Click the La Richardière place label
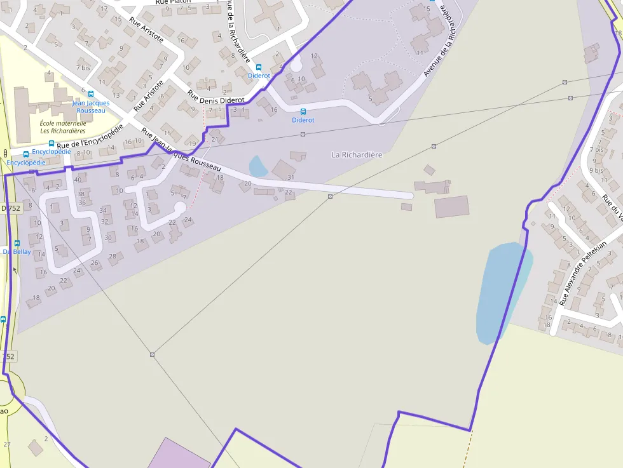pyautogui.click(x=357, y=155)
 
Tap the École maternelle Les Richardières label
pyautogui.click(x=62, y=127)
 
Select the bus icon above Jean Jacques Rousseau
pyautogui.click(x=91, y=94)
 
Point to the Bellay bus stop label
pyautogui.click(x=17, y=251)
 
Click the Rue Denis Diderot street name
pyautogui.click(x=216, y=96)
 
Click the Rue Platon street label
pyautogui.click(x=173, y=2)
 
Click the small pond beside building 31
pyautogui.click(x=257, y=166)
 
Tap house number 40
pyautogui.click(x=78, y=180)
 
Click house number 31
pyautogui.click(x=291, y=177)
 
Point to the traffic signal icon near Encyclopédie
pyautogui.click(x=6, y=153)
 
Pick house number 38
pyautogui.click(x=81, y=194)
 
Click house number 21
pyautogui.click(x=215, y=140)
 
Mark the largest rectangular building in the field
pyautogui.click(x=451, y=206)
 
